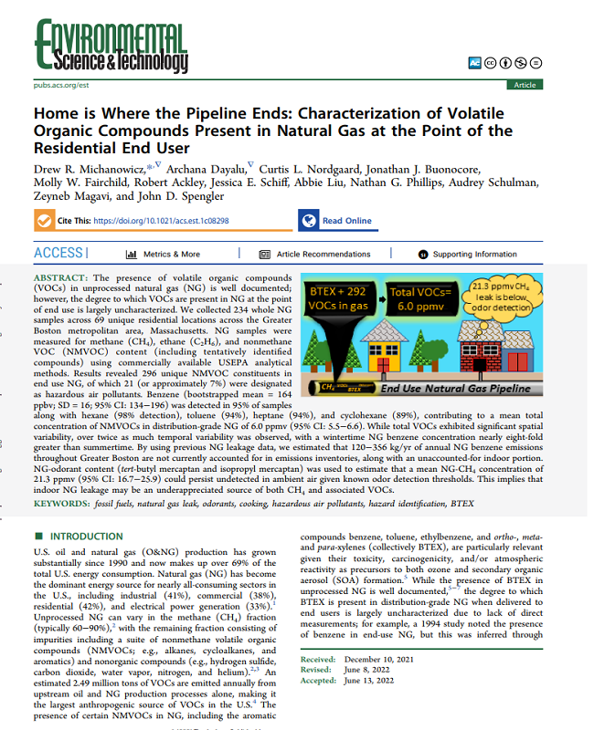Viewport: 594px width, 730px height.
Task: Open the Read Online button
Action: click(346, 221)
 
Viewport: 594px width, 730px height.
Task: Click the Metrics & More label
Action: click(171, 254)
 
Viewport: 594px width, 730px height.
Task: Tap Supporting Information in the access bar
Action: click(474, 254)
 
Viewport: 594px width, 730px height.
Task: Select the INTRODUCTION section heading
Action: click(88, 536)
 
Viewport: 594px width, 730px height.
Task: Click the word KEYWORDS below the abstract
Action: click(62, 503)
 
